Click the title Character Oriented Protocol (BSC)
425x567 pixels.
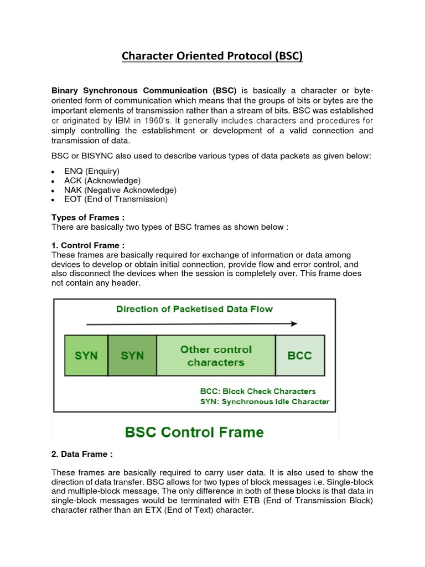click(212, 56)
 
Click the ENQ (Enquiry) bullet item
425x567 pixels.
click(92, 171)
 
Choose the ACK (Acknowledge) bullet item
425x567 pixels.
click(102, 181)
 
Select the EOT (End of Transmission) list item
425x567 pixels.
click(116, 199)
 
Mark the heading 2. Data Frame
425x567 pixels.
click(82, 454)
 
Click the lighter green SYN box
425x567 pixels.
click(86, 355)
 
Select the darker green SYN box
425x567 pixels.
click(132, 355)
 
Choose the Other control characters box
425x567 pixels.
click(216, 355)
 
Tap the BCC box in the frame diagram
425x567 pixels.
click(300, 355)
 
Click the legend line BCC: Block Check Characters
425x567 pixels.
click(257, 391)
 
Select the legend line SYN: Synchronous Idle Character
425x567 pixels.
click(264, 401)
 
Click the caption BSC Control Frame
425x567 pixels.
click(194, 431)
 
